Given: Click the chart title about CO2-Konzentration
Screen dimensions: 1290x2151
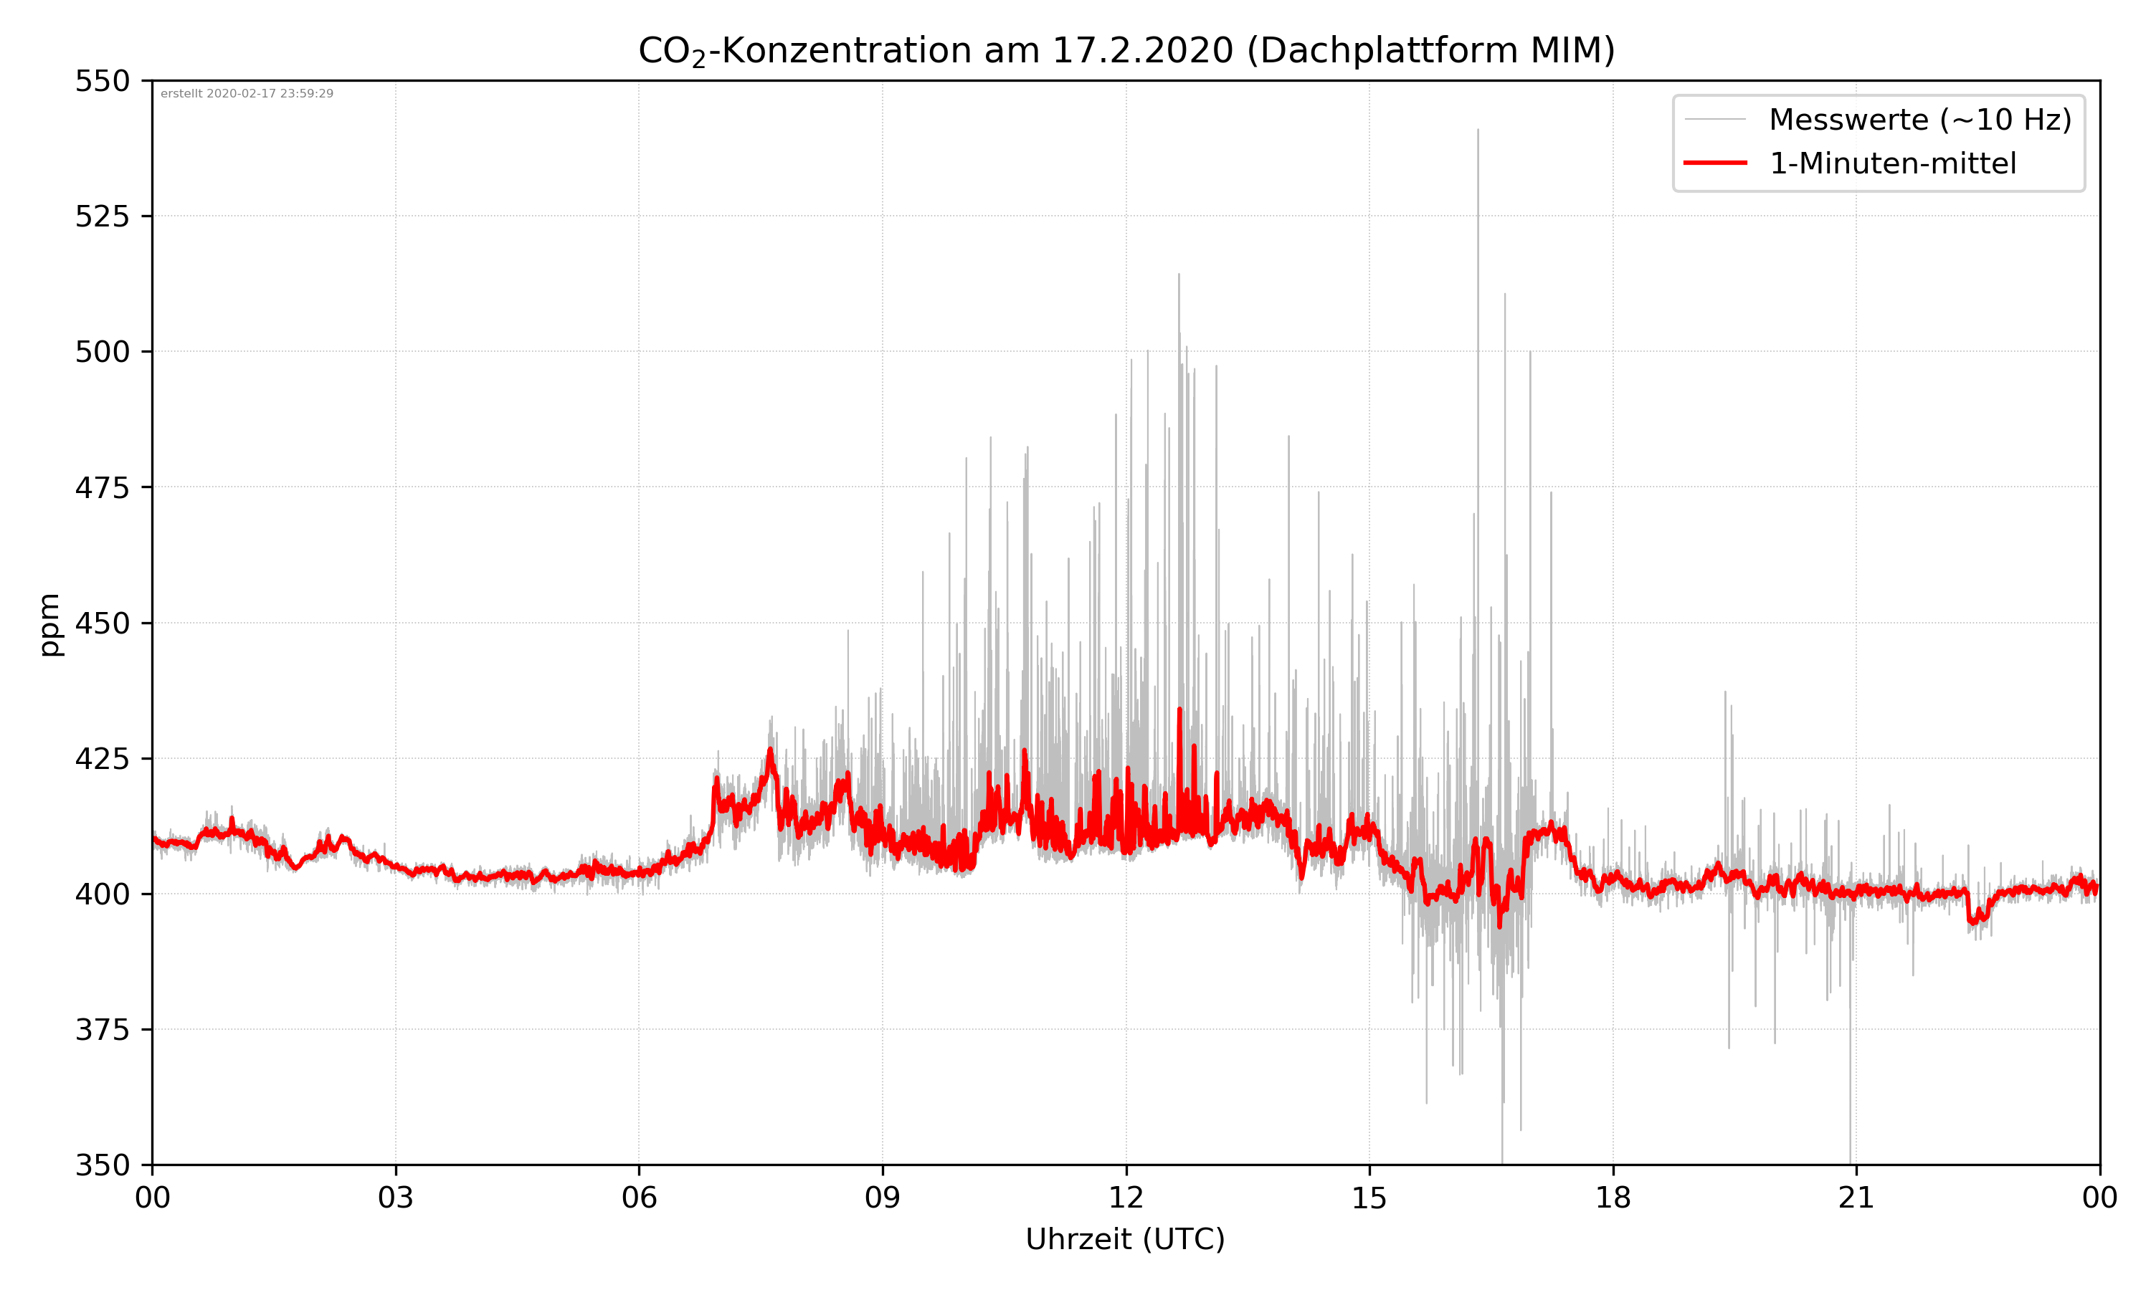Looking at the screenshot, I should pyautogui.click(x=1126, y=50).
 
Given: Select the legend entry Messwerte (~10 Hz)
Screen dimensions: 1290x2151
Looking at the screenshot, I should pyautogui.click(x=1919, y=120).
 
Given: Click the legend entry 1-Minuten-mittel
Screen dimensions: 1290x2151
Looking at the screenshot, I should pyautogui.click(x=1892, y=163).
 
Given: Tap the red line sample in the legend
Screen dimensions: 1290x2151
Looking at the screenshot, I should pyautogui.click(x=1714, y=163).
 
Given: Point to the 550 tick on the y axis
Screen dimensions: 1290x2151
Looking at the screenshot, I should pyautogui.click(x=102, y=81).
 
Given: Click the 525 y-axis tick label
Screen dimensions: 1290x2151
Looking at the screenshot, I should pyautogui.click(x=102, y=216).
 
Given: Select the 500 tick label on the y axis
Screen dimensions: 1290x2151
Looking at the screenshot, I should pyautogui.click(x=102, y=352).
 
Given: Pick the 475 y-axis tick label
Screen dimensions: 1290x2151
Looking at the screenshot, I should pyautogui.click(x=102, y=487).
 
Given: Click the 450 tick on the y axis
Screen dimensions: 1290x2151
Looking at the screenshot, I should pyautogui.click(x=102, y=623).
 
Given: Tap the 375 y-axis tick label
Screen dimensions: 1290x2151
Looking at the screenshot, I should pyautogui.click(x=102, y=1030).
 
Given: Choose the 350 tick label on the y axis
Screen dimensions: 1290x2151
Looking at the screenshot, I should pyautogui.click(x=102, y=1166).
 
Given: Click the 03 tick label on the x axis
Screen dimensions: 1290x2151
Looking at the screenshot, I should pyautogui.click(x=396, y=1198).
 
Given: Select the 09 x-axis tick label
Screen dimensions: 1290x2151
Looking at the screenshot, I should pyautogui.click(x=883, y=1198).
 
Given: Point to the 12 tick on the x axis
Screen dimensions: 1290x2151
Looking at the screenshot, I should pyautogui.click(x=1126, y=1198).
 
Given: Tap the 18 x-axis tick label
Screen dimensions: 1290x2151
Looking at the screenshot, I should pyautogui.click(x=1613, y=1198).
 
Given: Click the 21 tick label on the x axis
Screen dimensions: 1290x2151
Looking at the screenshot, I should pyautogui.click(x=1856, y=1198).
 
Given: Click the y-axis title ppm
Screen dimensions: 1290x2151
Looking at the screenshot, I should pyautogui.click(x=49, y=624).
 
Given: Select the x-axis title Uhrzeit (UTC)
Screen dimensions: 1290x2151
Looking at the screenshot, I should pyautogui.click(x=1125, y=1240).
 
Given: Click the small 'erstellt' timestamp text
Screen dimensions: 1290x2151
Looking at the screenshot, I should pyautogui.click(x=247, y=94).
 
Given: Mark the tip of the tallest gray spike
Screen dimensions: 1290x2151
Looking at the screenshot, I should pyautogui.click(x=1477, y=130).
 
